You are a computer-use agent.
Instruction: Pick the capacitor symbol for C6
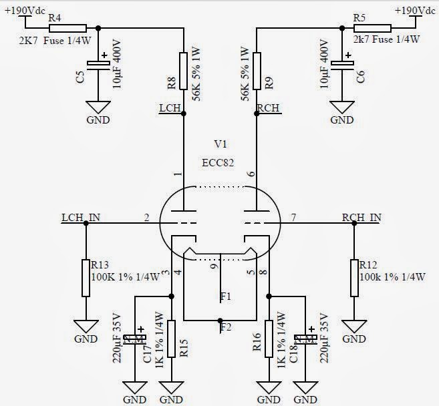[343, 64]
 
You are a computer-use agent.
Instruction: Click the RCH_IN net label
[361, 217]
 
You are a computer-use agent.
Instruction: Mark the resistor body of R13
[85, 278]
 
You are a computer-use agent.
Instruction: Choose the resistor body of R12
[355, 278]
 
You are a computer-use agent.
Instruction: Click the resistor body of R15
[172, 339]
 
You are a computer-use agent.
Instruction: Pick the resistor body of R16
[269, 339]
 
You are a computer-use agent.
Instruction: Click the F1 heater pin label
[226, 295]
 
